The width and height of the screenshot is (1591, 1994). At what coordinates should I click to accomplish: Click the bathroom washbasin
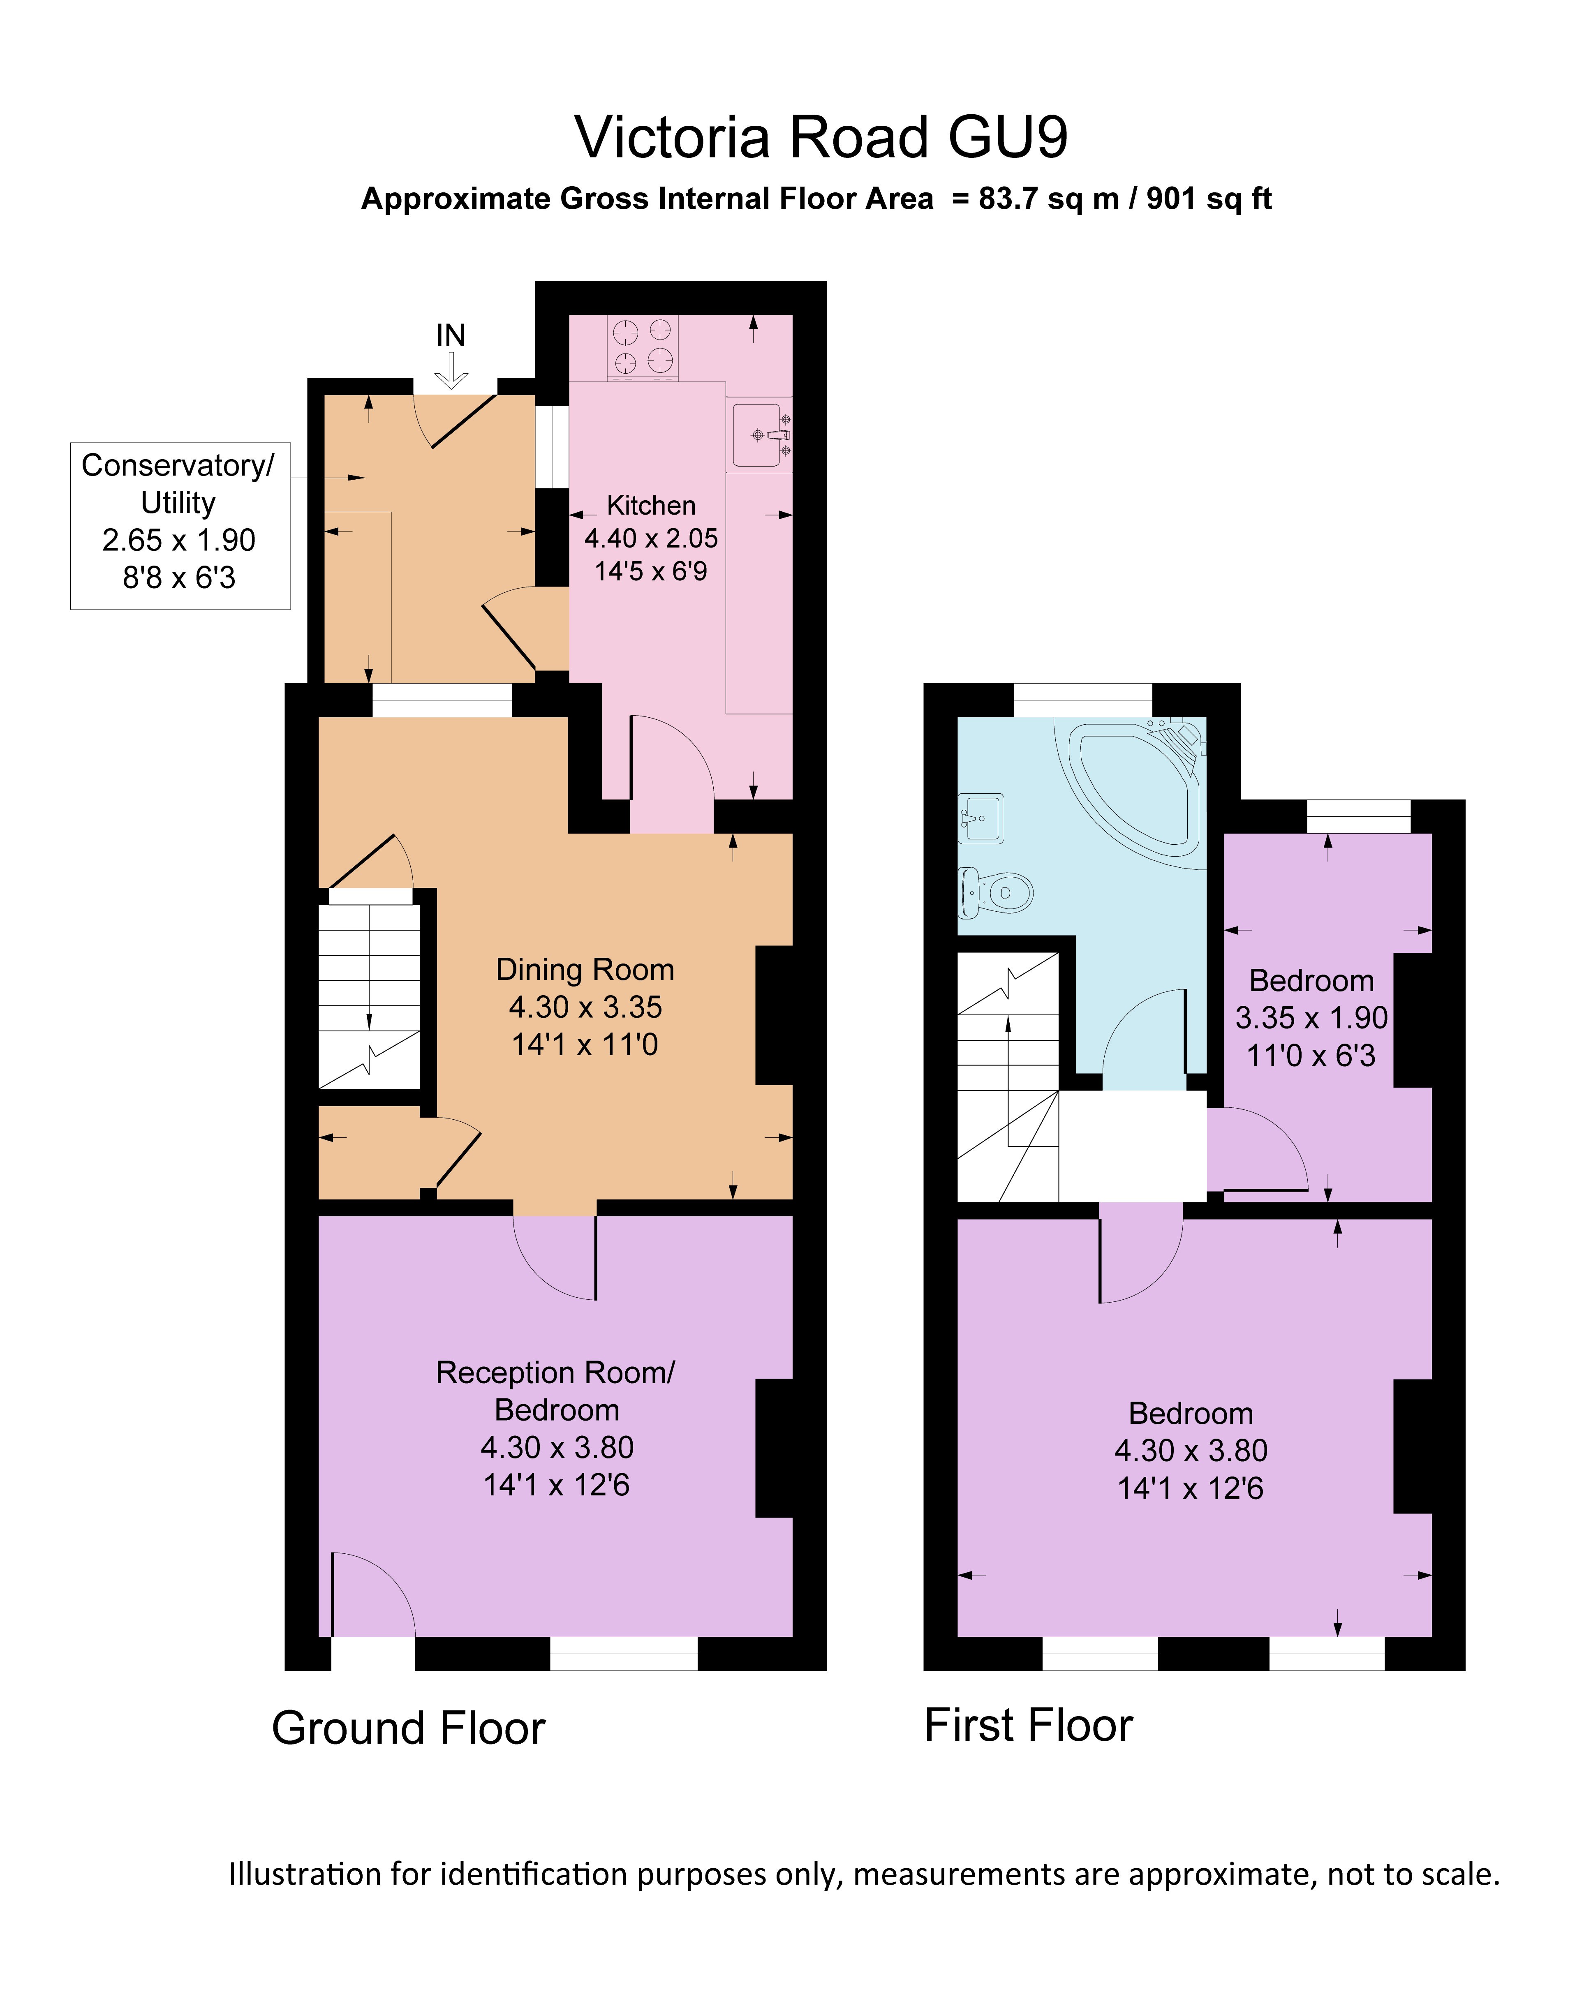[x=980, y=818]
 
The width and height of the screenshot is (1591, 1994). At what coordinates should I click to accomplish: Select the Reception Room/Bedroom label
[x=556, y=1390]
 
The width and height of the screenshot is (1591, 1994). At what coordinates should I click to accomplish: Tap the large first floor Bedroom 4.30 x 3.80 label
[x=1191, y=1450]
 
